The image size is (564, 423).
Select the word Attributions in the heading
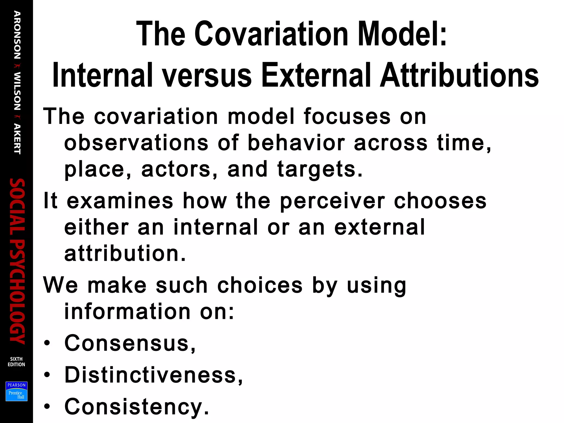click(459, 75)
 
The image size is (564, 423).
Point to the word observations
click(136, 143)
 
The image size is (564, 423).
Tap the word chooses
click(440, 201)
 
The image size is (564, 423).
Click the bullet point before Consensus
click(47, 343)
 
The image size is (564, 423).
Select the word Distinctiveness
click(150, 375)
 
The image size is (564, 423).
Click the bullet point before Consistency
click(47, 406)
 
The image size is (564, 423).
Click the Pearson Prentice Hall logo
click(17, 391)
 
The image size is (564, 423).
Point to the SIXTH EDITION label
click(16, 362)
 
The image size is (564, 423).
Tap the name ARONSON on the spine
click(17, 35)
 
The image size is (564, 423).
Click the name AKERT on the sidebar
click(17, 139)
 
